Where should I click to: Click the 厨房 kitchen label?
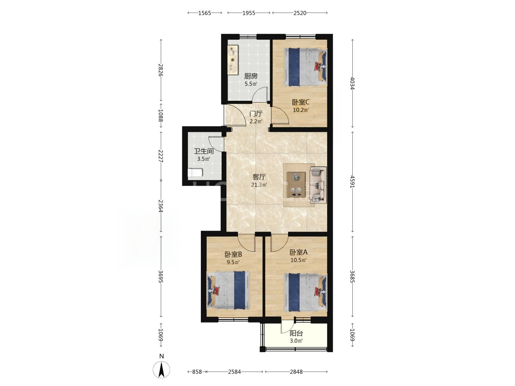coord(251,76)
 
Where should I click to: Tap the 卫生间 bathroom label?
coord(203,151)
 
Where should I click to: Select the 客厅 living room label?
coord(259,177)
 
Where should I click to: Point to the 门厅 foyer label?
coord(256,114)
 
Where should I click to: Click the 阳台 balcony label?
coord(296,333)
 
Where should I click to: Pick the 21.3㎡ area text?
coord(259,185)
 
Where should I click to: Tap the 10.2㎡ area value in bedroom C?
coord(301,110)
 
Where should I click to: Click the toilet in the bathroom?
coord(195,173)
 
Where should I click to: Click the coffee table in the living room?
coord(296,185)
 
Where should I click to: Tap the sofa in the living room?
coord(318,185)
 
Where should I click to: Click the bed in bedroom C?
coord(305,67)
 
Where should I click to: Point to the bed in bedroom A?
coord(305,293)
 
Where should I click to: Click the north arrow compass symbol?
coord(161,369)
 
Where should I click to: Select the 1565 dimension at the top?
coord(205,13)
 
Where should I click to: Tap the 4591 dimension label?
coord(352,181)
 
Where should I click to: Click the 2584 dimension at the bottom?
coord(234,372)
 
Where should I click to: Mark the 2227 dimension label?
coord(161,156)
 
